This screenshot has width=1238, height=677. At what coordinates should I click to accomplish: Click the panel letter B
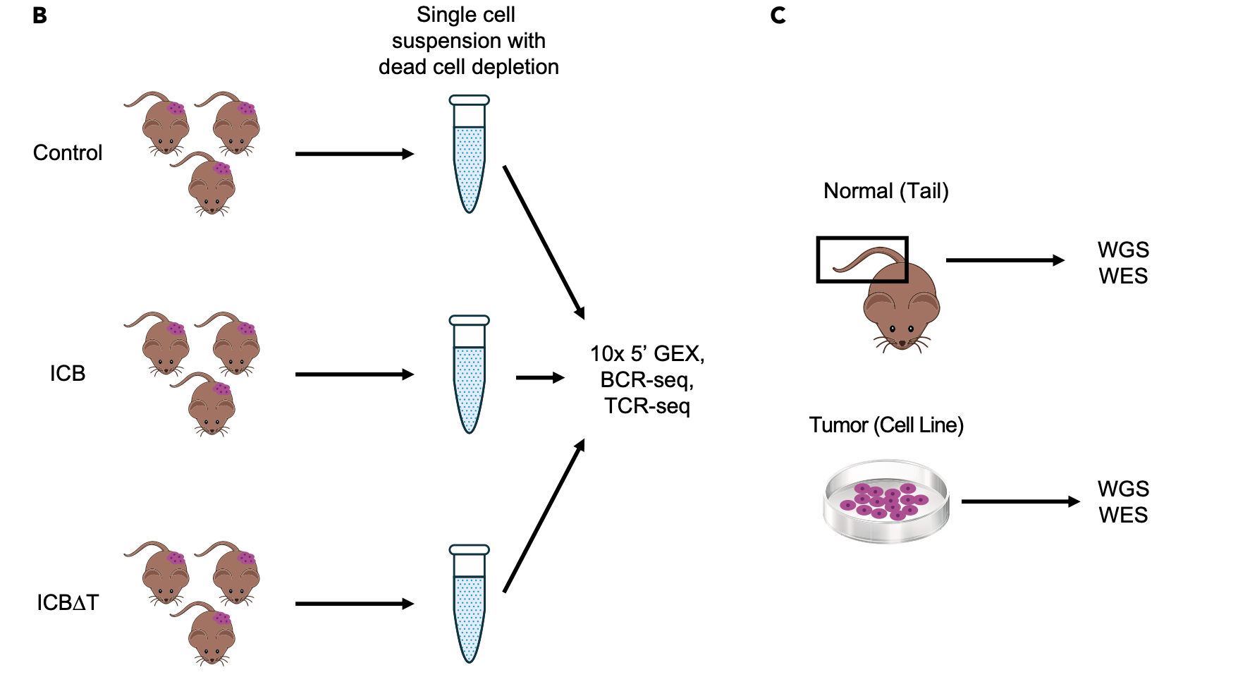tap(40, 16)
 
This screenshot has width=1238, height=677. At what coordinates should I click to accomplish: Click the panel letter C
tap(778, 16)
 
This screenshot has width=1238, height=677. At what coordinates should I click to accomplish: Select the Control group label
tap(68, 153)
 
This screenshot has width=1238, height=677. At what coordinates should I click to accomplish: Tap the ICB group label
tap(68, 373)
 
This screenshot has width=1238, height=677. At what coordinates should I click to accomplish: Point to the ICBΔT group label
tap(68, 603)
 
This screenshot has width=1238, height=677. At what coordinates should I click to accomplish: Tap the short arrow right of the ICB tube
tap(540, 378)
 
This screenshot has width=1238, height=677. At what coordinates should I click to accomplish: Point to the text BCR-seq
tap(646, 380)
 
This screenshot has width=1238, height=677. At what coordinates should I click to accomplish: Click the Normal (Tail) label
tap(885, 191)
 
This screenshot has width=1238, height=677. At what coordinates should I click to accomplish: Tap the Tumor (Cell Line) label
tap(885, 425)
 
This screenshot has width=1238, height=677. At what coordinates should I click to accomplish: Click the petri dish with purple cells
tap(886, 501)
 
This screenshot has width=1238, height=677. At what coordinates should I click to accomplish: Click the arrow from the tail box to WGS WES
tap(1005, 260)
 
